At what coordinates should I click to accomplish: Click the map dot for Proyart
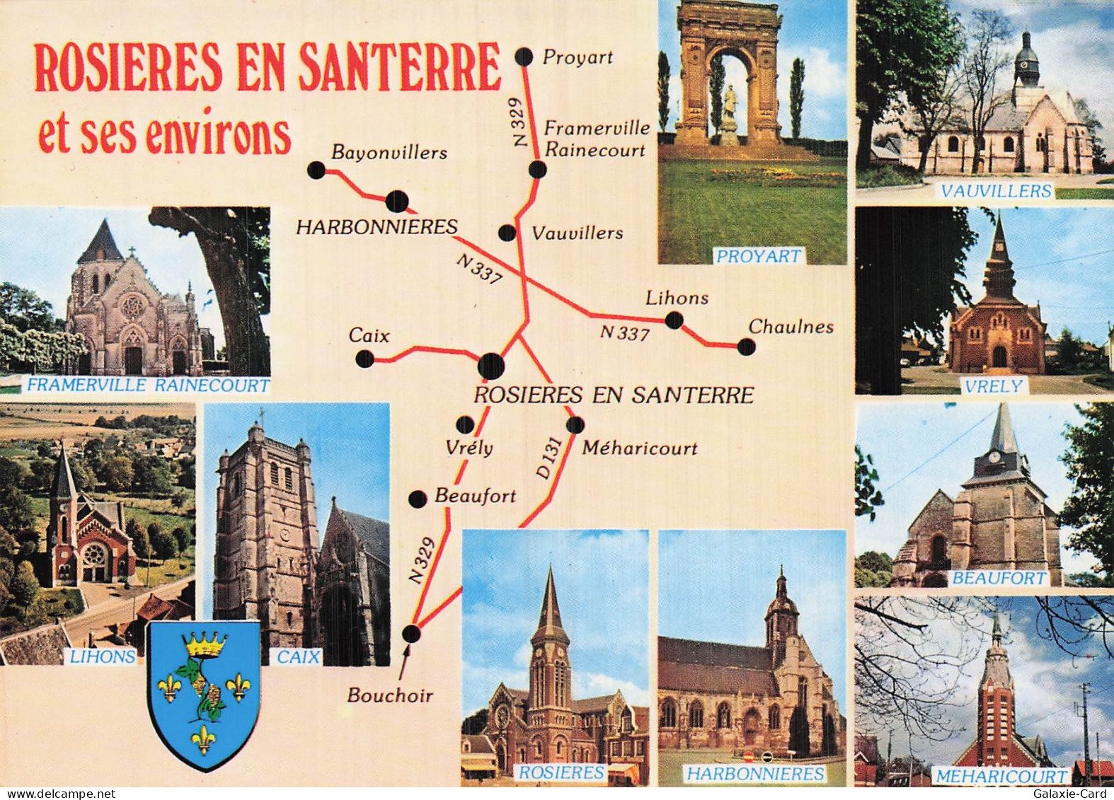[524, 57]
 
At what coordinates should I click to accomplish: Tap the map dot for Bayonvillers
[316, 170]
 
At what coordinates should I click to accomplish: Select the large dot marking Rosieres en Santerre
[490, 366]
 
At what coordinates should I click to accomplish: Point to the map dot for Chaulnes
[746, 347]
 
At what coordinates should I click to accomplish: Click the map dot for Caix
[364, 359]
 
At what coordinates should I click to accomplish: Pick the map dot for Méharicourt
[575, 424]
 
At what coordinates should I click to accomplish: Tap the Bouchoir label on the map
[390, 695]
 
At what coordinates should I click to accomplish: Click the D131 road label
[550, 460]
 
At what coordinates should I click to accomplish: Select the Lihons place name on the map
[677, 298]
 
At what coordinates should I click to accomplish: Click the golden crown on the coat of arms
[206, 644]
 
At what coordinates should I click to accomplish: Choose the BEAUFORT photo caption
[999, 578]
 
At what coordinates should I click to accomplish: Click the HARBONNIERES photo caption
[755, 774]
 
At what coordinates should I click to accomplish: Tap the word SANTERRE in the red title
[400, 68]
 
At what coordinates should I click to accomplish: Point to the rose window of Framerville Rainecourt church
[132, 306]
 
